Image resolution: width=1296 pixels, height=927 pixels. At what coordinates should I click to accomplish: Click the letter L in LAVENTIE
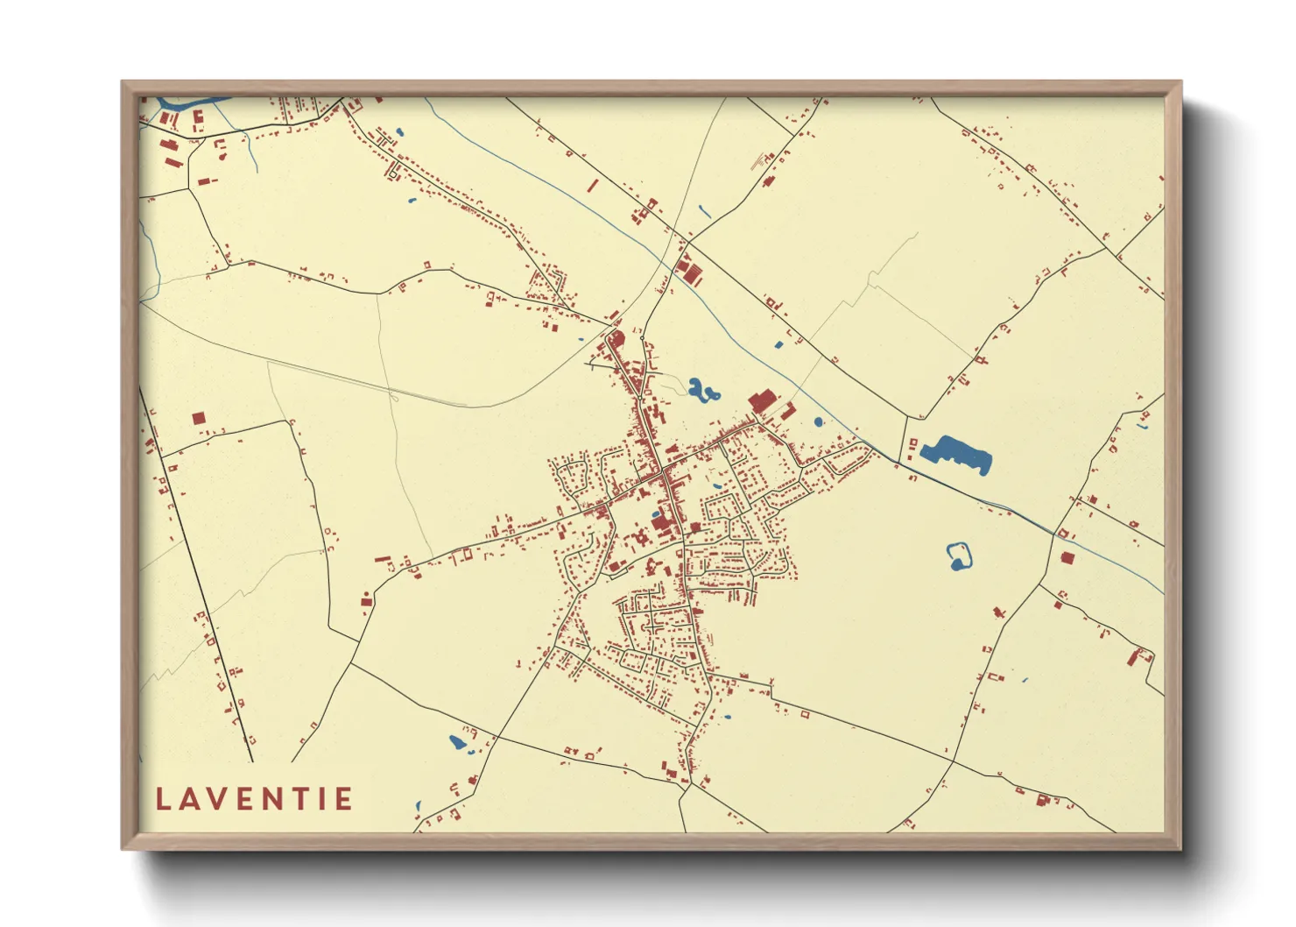163,799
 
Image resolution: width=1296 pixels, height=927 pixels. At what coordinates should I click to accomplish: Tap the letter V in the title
219,799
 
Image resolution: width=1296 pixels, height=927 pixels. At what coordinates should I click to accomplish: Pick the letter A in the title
190,799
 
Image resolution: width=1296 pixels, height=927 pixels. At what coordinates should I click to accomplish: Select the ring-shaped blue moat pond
960,555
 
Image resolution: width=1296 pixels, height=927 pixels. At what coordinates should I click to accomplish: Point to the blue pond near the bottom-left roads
457,743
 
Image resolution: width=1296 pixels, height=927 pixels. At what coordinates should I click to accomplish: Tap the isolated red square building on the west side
199,419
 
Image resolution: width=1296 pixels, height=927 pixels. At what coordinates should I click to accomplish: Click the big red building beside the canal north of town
762,402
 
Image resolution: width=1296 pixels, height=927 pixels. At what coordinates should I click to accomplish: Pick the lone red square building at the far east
1067,558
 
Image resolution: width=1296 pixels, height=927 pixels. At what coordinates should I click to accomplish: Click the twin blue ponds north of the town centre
701,390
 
